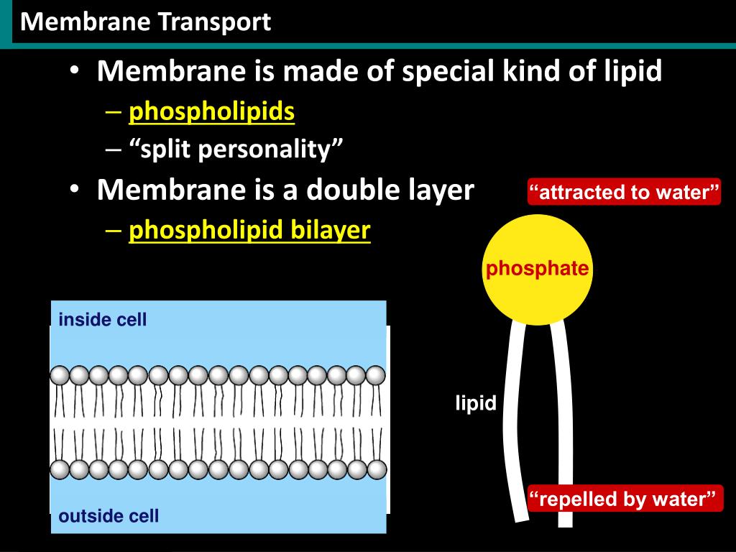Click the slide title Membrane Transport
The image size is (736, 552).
[146, 22]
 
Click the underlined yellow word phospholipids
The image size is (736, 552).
[212, 111]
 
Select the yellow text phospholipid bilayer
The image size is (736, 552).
[249, 230]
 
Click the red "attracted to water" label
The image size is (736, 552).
[624, 193]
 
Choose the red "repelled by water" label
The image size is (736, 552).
[624, 499]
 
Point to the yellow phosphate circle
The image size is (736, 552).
[538, 270]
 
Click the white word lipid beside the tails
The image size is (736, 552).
[476, 403]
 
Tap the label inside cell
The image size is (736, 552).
[103, 320]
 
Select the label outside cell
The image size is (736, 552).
[109, 516]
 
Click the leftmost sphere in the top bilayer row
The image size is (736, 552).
[60, 375]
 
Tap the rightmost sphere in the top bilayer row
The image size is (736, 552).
[376, 375]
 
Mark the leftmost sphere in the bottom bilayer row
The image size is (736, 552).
[60, 470]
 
